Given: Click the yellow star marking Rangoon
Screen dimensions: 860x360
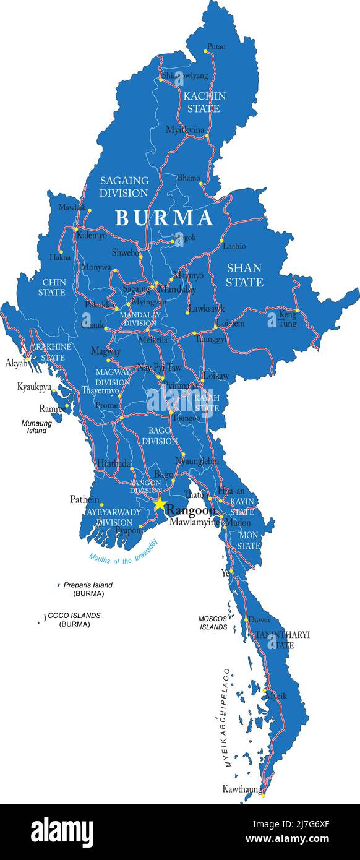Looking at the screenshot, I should coord(160,504).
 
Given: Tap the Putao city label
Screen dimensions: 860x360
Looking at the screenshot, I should coord(216,46).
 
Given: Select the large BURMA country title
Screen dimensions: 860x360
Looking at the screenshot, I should coord(165,218).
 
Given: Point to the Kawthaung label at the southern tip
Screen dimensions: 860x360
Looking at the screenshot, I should coord(241,789).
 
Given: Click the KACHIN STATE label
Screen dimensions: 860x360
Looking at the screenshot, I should coord(204,102).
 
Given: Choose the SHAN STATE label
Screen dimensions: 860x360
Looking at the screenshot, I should coord(244,275).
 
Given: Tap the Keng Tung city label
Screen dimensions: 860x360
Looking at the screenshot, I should coord(288,319).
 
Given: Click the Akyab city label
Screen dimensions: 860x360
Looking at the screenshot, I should coord(16,363).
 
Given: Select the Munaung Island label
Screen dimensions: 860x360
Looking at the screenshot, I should coord(36,427).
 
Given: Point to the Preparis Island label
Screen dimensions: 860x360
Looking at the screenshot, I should coord(88,585).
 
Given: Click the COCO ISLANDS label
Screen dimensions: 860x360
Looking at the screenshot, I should coord(74,616).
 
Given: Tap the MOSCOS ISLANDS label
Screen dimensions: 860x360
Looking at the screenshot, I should coord(213,622).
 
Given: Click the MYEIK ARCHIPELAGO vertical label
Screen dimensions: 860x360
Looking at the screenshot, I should coord(226,718).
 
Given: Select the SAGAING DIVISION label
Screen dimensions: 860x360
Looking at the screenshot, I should coord(124,186).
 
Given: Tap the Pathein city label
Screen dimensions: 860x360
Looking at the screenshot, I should coord(85,499).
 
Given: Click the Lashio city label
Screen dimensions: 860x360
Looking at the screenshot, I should coord(234,246).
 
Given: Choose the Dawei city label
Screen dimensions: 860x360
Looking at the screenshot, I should coord(259,619).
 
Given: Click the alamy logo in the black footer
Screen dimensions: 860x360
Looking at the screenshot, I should coord(62,832).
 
